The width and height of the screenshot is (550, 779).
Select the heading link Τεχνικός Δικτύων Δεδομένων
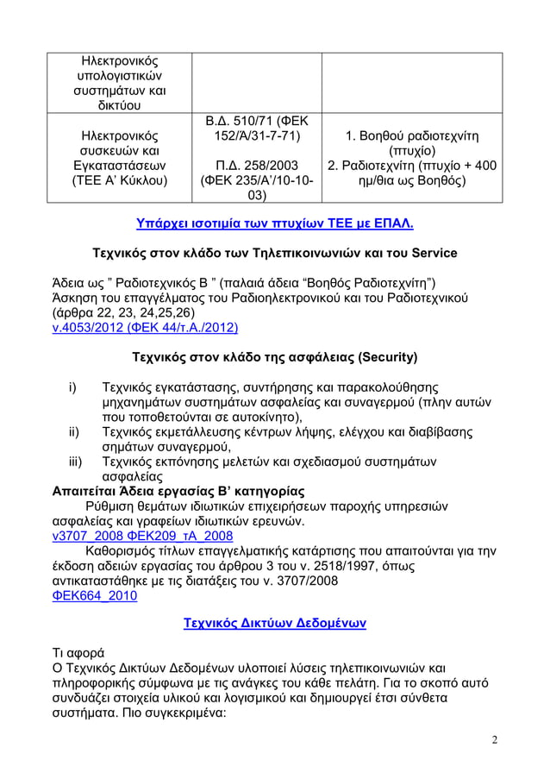pos(275,623)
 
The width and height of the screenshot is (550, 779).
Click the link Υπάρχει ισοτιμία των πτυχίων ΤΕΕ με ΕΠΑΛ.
pos(275,224)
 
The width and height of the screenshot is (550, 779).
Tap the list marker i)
pos(73,387)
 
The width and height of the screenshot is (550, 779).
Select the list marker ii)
pos(73,430)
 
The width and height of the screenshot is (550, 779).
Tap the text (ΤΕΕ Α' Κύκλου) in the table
pos(119,181)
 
